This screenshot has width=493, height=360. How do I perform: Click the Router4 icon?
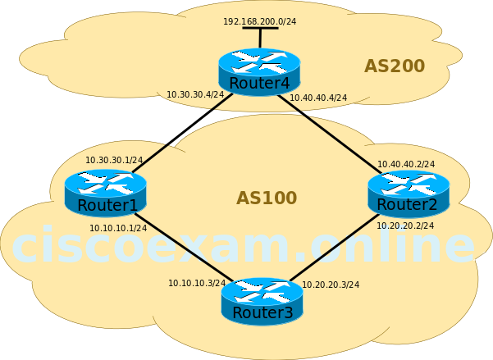259,71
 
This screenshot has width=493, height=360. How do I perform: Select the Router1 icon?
105,192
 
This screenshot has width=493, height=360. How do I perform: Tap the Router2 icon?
408,193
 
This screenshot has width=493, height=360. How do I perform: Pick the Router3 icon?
262,301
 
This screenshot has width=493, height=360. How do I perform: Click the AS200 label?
394,66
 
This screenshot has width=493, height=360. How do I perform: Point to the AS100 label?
266,198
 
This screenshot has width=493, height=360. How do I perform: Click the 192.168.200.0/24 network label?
259,21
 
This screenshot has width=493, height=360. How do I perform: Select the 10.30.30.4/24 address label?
195,95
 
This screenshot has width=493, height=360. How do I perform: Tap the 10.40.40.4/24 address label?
318,98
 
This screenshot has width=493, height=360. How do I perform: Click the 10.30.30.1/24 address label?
114,160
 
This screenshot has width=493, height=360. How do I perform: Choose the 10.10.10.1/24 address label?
118,228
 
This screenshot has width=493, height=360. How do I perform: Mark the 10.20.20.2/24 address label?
405,226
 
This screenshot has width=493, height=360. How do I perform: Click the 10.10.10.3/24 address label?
197,283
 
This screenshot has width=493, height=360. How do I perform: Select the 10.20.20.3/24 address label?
331,285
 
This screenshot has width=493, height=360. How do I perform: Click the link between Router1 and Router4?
182,133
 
